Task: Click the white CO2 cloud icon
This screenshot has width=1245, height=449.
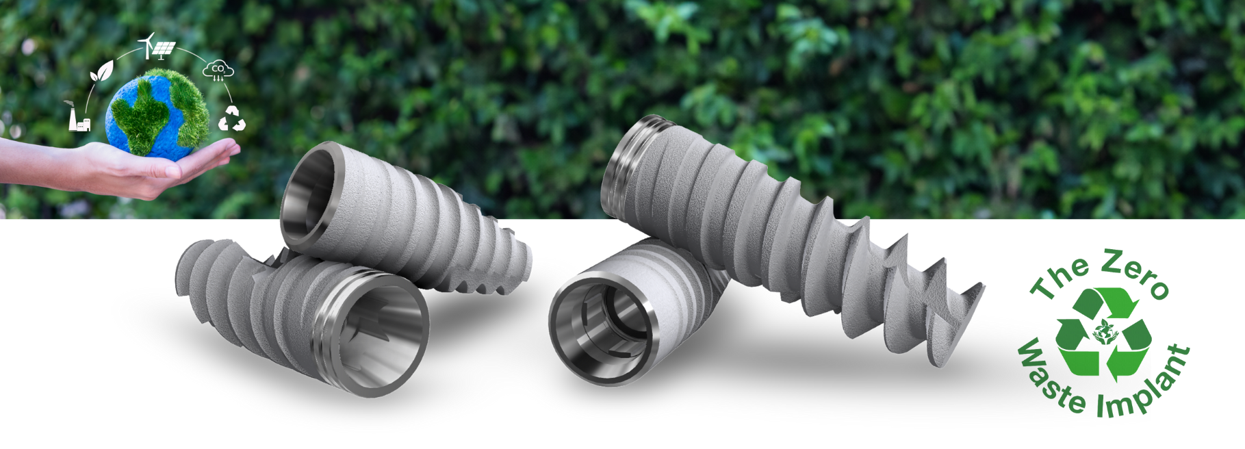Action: [218, 70]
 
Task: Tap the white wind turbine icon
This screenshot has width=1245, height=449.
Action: [146, 46]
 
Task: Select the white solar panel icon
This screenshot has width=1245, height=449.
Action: [163, 50]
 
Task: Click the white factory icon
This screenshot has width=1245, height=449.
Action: [78, 117]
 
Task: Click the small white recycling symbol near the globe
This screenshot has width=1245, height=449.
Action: [231, 118]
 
